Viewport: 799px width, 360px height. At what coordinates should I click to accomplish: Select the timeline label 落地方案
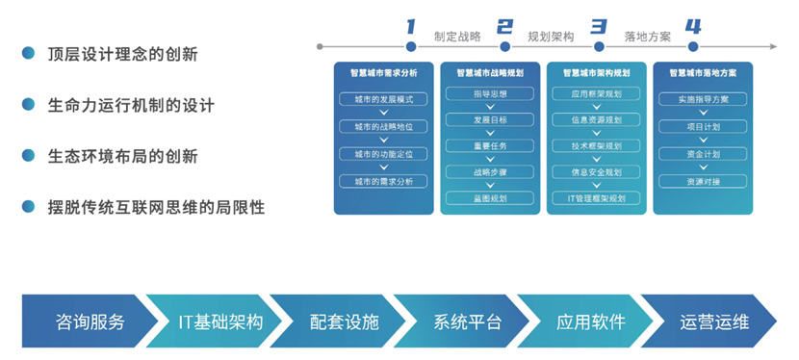point(647,37)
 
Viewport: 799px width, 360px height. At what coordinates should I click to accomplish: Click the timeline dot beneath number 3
point(599,45)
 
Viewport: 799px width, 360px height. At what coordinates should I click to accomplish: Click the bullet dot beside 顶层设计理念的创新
point(29,54)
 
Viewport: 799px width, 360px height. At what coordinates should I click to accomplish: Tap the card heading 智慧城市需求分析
point(383,72)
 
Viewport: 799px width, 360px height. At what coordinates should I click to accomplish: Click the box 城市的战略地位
point(383,126)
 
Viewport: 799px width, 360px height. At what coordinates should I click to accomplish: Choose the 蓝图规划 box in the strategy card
point(489,198)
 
